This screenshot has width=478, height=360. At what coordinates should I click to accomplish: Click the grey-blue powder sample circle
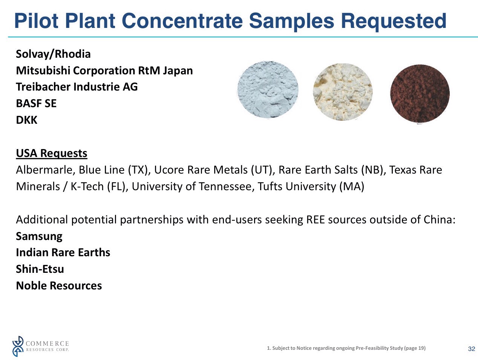coord(268,90)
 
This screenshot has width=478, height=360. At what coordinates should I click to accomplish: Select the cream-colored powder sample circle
coord(343,92)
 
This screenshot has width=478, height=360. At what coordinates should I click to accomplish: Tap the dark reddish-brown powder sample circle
coord(420,94)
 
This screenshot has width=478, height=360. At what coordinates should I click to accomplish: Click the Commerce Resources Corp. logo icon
coord(18,346)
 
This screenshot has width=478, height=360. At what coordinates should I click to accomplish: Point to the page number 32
coord(471,349)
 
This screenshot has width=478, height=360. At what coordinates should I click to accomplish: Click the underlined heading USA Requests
coord(51,153)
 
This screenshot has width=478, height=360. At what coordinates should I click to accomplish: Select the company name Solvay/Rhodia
coord(53,54)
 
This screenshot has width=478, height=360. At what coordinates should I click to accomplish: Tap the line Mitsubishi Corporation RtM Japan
coord(104,71)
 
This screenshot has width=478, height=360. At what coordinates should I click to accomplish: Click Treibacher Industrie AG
coord(77,87)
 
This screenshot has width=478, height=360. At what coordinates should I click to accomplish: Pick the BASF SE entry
coord(36,103)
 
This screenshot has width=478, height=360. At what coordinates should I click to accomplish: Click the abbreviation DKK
coord(27,120)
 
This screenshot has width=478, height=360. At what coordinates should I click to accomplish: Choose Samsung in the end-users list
coord(39,236)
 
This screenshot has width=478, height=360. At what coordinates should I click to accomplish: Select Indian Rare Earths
coord(63,252)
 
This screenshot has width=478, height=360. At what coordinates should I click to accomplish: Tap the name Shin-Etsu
coord(40,269)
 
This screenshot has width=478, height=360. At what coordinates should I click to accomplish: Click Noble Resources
coord(59,286)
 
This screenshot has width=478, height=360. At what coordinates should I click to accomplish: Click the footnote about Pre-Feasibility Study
coord(346,348)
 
